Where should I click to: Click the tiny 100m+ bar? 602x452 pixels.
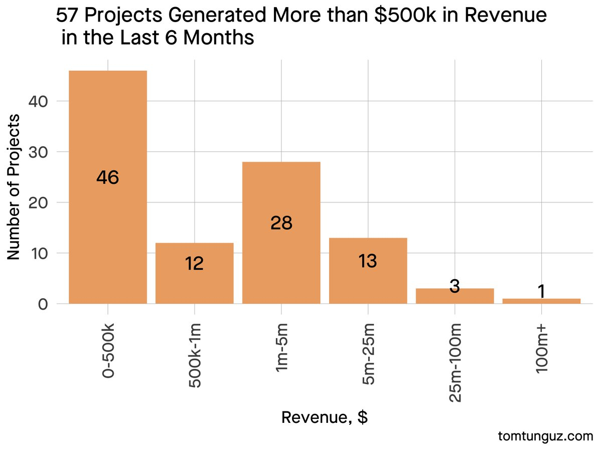541,301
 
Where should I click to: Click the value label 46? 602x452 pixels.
108,178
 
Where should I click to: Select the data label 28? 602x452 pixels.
281,223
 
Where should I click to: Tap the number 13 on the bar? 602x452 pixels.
368,261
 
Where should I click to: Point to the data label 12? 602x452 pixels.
194,264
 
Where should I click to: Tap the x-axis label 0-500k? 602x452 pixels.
108,352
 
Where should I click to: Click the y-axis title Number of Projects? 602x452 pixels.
15,187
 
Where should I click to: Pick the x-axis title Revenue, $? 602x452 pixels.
325,417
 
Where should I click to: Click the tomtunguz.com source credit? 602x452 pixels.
546,436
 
